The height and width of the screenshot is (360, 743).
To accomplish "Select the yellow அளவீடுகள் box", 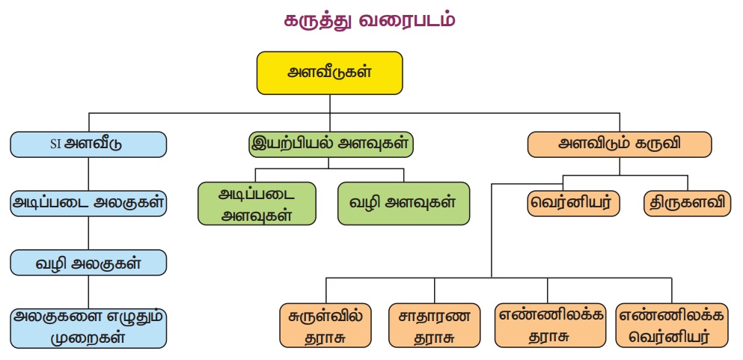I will point(330,73).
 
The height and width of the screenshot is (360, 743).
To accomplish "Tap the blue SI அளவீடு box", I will point(88,144).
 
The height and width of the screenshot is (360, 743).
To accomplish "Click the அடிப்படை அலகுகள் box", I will point(88,203).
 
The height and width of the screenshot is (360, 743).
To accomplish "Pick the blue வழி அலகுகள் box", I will point(88,263).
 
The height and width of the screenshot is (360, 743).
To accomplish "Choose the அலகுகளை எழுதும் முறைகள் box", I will point(88,326).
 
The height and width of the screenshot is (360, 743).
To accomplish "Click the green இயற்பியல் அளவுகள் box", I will point(331,144).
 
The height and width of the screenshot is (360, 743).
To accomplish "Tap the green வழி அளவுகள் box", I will point(403,203).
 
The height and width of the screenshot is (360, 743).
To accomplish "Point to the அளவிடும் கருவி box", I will point(620,144).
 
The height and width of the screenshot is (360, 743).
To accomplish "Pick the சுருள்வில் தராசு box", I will point(325,326).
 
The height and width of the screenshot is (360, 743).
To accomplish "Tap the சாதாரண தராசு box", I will point(434,326).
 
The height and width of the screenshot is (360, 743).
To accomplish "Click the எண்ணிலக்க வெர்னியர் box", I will point(671,326).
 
